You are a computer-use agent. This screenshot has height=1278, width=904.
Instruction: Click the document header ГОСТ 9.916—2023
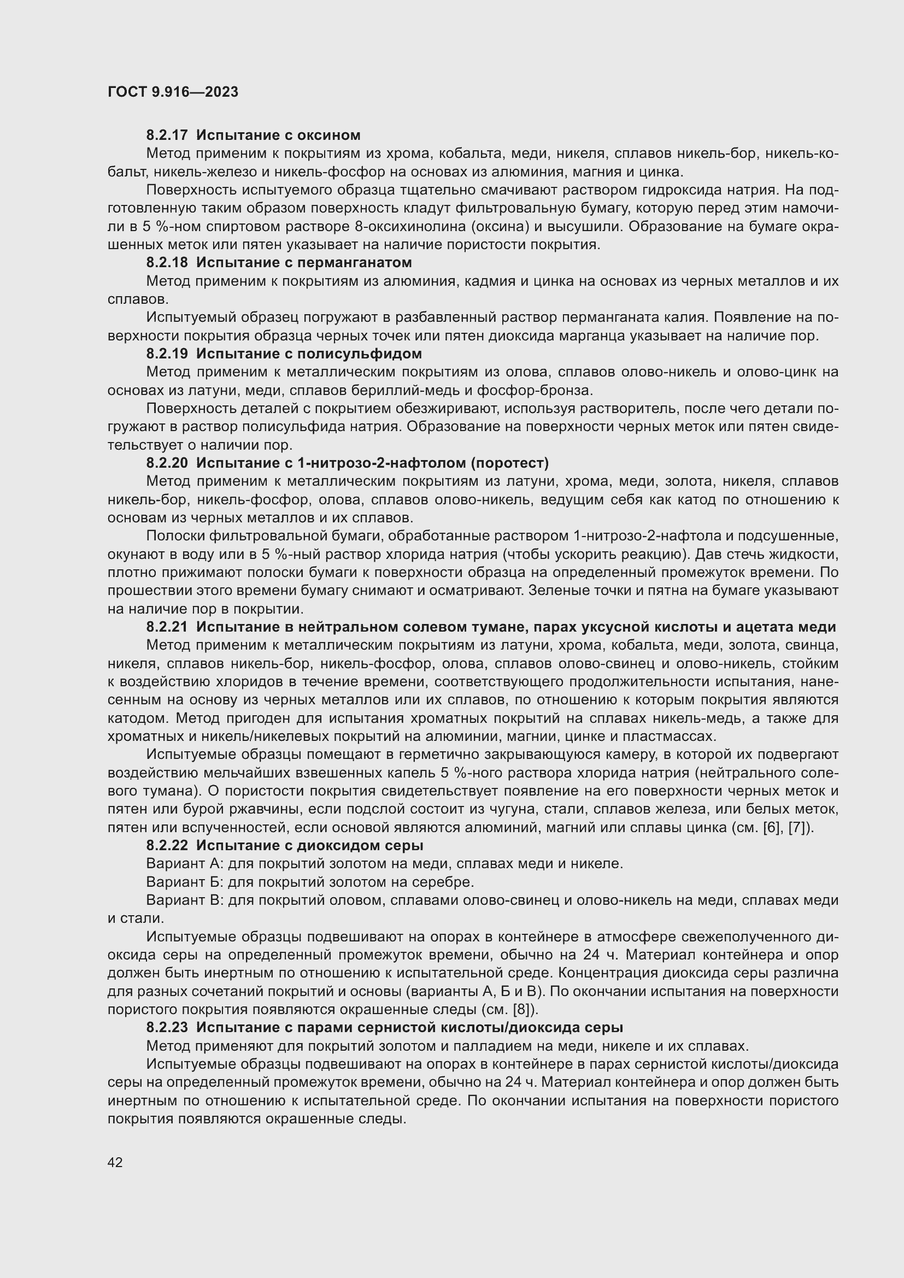[x=173, y=92]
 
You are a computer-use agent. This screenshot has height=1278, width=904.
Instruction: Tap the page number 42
[x=115, y=1162]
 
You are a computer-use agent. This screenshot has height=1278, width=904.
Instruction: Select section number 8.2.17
[x=167, y=135]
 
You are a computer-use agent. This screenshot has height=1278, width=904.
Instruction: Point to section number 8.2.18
[x=167, y=262]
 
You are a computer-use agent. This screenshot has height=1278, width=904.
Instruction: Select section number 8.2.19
[x=167, y=354]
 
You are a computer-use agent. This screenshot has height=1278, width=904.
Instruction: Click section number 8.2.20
[x=167, y=463]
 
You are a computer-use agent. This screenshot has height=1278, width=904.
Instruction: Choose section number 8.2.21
[x=167, y=627]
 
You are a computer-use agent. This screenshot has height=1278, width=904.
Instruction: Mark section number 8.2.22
[x=167, y=845]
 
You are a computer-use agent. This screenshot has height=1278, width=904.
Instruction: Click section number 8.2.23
[x=167, y=1027]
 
